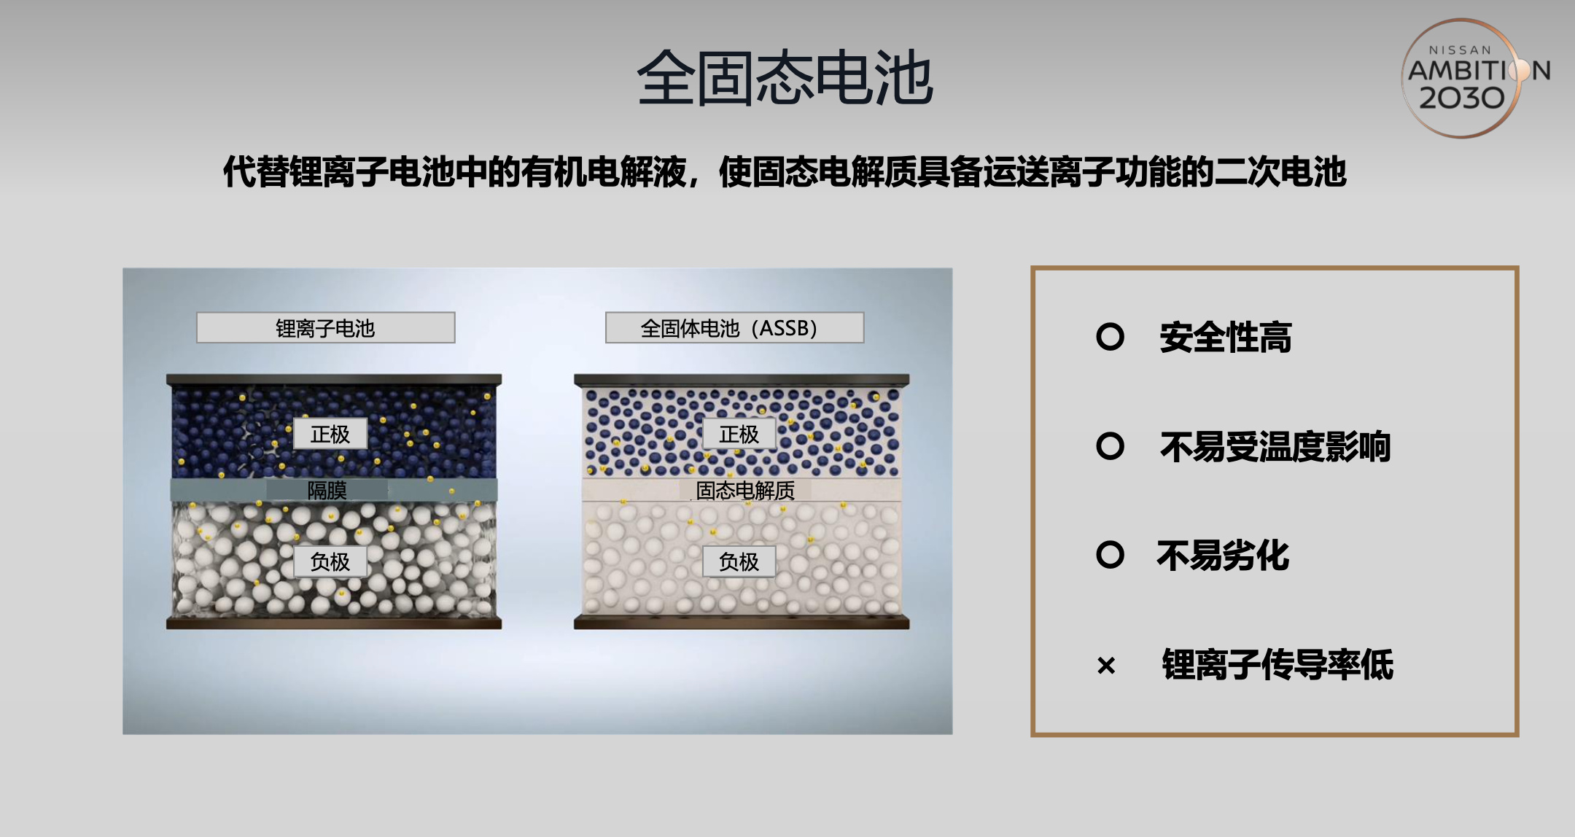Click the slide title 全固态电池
click(785, 78)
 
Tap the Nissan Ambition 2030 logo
click(1474, 77)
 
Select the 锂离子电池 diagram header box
click(326, 328)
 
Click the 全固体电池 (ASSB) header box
click(734, 328)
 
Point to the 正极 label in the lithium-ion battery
click(330, 434)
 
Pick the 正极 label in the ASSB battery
click(739, 434)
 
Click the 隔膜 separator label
click(327, 490)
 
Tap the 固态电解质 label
click(745, 490)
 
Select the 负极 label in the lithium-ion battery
click(330, 561)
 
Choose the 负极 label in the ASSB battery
click(739, 561)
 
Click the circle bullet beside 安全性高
click(1110, 336)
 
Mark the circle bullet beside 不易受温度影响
click(1110, 445)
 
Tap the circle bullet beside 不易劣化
click(1110, 555)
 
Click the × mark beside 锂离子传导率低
click(1106, 665)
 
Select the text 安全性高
click(1226, 338)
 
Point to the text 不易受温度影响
click(1275, 447)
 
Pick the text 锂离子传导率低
click(1277, 665)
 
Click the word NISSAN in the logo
click(1460, 50)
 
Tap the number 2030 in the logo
click(1462, 98)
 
